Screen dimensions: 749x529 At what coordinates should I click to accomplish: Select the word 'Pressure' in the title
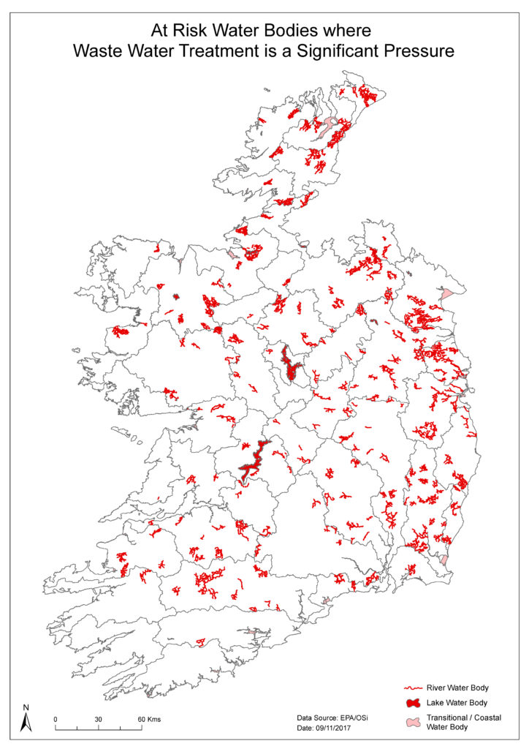tap(425, 52)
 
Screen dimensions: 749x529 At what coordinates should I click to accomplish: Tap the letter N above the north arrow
tap(26, 707)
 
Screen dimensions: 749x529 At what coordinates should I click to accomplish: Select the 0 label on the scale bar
tap(56, 719)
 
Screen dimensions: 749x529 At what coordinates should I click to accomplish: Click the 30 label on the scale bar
tap(98, 719)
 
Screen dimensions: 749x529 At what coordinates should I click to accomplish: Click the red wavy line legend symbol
tap(414, 688)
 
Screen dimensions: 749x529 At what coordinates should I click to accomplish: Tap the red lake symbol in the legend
tap(414, 703)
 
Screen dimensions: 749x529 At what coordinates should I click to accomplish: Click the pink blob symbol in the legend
tap(414, 722)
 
